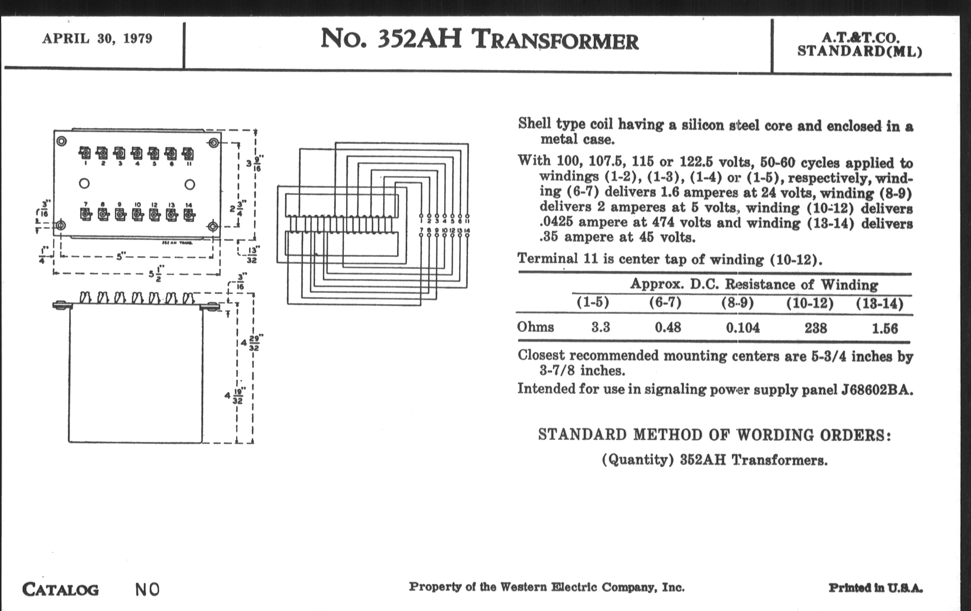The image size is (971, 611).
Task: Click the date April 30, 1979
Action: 97,39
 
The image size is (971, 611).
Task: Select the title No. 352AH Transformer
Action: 480,40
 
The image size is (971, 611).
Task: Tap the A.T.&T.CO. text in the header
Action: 860,38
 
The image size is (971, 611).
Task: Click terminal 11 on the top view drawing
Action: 188,154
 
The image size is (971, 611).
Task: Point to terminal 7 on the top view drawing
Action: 85,214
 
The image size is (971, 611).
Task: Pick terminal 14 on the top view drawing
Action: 189,214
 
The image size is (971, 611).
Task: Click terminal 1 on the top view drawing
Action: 85,154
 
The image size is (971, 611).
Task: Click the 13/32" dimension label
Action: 252,255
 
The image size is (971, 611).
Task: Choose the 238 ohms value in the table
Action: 816,328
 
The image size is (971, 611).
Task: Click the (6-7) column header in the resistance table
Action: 665,302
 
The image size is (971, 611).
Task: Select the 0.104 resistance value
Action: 743,328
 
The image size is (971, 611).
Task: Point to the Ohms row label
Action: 535,327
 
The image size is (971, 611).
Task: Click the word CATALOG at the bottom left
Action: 60,589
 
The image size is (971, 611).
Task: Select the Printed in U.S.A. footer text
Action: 876,588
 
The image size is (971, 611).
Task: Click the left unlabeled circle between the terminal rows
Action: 84,184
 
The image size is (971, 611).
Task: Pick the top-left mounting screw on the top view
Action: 62,141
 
